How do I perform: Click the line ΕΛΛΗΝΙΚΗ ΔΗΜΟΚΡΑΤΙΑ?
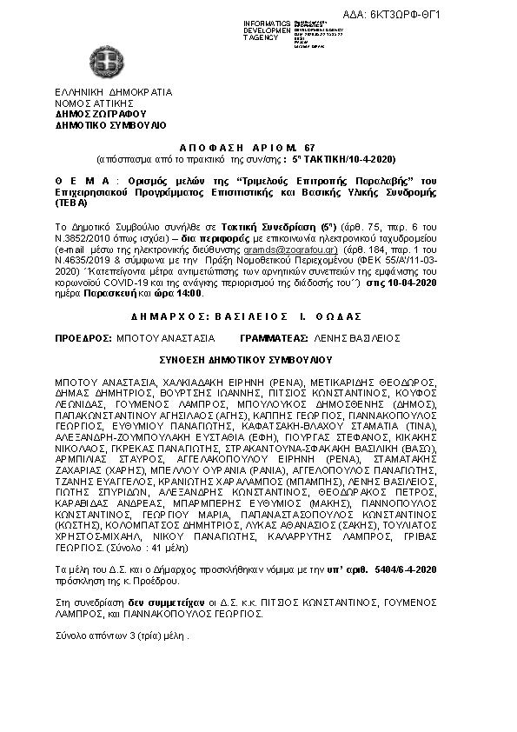point(113,93)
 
